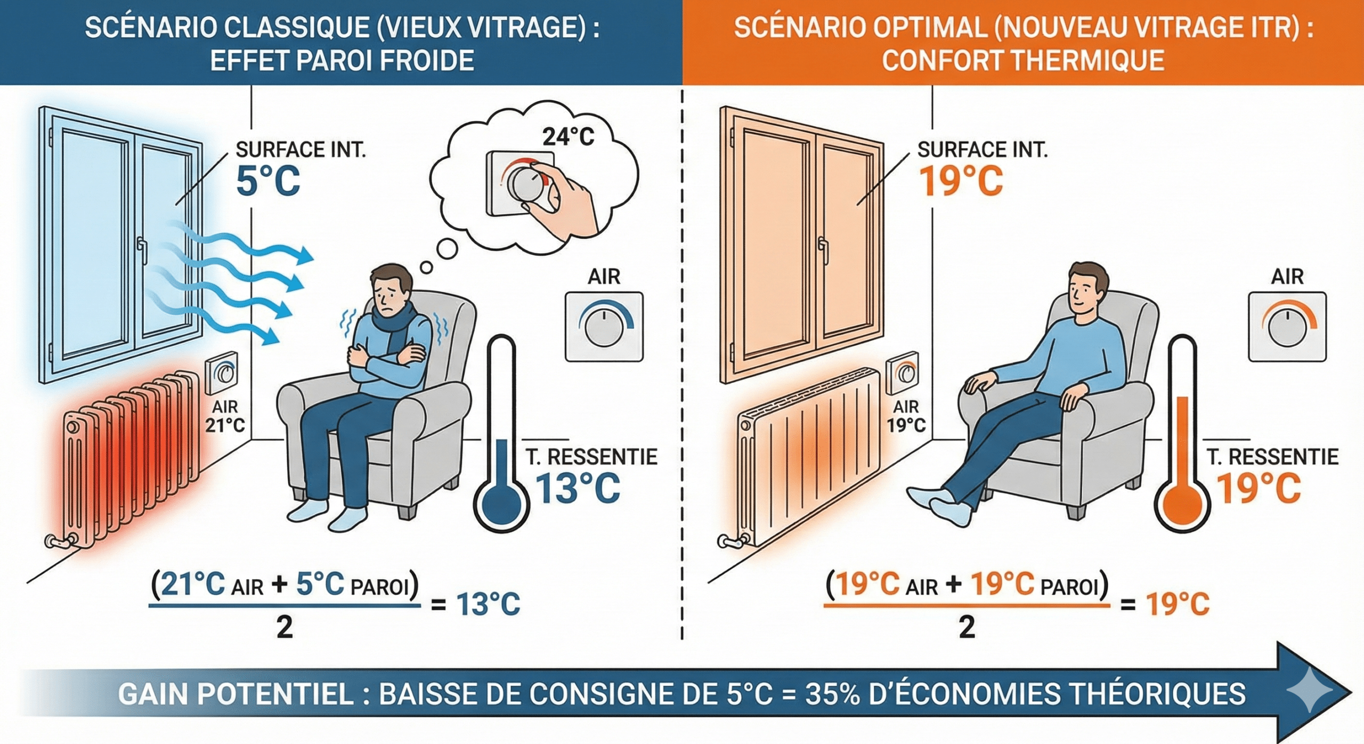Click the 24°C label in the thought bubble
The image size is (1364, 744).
(568, 137)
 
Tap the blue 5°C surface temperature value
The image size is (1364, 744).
(268, 181)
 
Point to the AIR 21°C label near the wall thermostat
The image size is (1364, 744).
(225, 416)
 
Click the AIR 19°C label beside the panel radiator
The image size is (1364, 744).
(906, 416)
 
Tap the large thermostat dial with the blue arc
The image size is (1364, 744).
(604, 326)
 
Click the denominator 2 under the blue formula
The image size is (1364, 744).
(285, 627)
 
